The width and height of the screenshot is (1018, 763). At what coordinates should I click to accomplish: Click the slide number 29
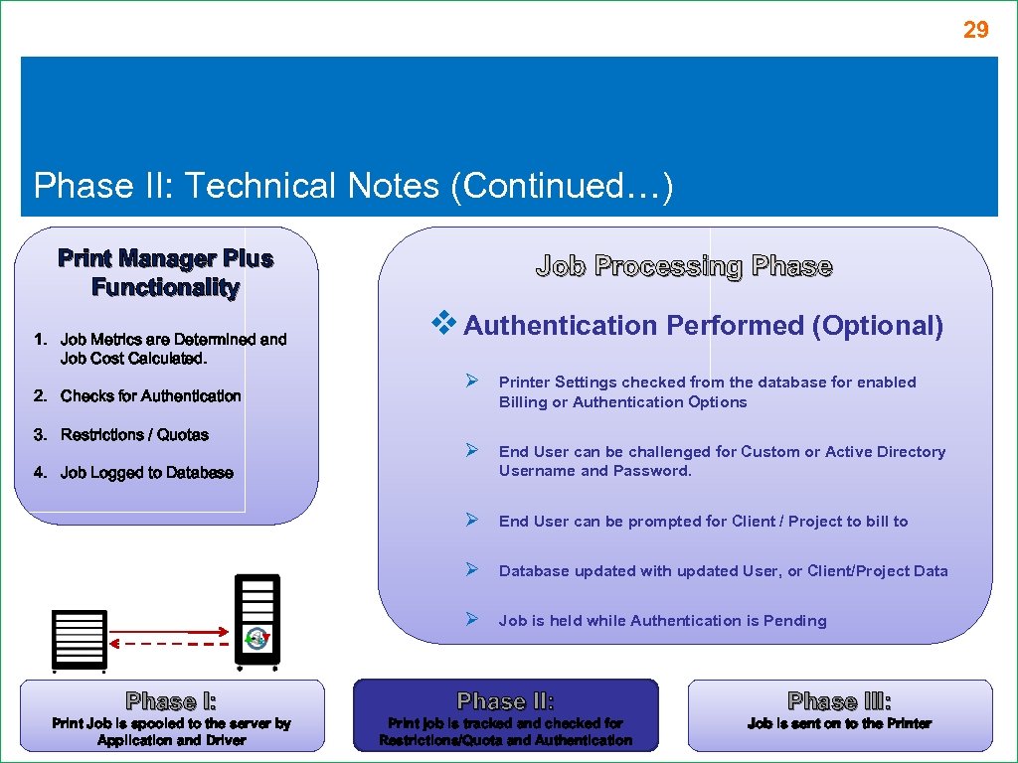(975, 31)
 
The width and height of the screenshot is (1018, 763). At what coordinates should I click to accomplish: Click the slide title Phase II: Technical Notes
(353, 186)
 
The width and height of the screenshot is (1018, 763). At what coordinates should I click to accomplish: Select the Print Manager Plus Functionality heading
(166, 273)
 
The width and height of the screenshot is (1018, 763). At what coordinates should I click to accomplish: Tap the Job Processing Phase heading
(684, 266)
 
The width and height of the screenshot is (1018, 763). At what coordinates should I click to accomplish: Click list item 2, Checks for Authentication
(150, 396)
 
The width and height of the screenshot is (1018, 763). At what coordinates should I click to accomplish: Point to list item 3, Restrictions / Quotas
(134, 435)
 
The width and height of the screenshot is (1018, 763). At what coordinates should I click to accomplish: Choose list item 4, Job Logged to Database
(146, 473)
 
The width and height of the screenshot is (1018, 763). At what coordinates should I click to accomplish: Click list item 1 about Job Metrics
(172, 349)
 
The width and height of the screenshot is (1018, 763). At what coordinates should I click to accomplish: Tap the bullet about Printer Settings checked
(707, 392)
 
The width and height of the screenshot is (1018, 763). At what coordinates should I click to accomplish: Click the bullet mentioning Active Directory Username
(722, 461)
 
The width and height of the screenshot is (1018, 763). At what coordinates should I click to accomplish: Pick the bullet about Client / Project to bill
(703, 522)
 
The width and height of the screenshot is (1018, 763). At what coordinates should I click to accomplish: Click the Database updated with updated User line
(723, 571)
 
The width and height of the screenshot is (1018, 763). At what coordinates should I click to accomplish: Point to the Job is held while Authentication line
(662, 621)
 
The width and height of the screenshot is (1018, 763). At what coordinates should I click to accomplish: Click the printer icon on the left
(79, 639)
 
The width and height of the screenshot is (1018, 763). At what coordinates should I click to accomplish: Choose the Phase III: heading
(839, 701)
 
